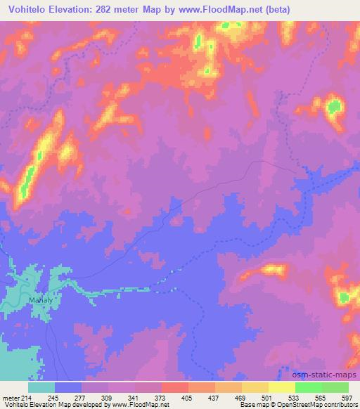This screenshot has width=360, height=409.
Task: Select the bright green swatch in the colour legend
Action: click(309, 387)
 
